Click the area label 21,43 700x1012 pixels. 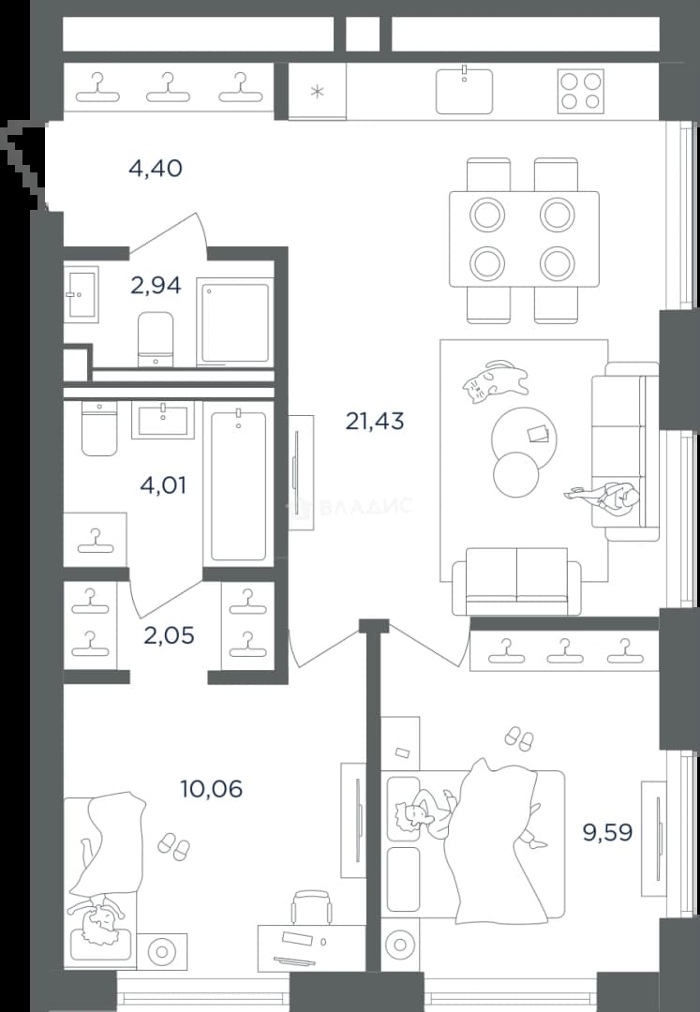click(x=375, y=422)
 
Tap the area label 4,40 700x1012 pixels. click(x=156, y=169)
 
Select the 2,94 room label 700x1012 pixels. click(x=156, y=285)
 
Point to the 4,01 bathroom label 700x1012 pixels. click(x=163, y=484)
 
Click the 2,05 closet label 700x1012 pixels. click(x=169, y=635)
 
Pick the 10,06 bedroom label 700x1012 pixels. click(x=212, y=789)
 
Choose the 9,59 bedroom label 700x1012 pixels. click(x=608, y=832)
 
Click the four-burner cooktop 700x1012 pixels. click(x=581, y=91)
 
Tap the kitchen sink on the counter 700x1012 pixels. click(x=464, y=90)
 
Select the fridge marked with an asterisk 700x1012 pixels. click(x=317, y=91)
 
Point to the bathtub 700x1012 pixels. click(x=238, y=486)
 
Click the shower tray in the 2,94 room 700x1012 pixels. click(x=233, y=322)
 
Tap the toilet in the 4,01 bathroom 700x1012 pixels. click(x=99, y=428)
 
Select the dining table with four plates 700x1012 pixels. click(x=524, y=239)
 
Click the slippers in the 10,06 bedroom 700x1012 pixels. click(x=174, y=846)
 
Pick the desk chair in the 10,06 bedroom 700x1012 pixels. click(x=312, y=909)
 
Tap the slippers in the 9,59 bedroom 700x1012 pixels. click(x=519, y=738)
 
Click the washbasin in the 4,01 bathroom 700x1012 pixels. click(x=163, y=420)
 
